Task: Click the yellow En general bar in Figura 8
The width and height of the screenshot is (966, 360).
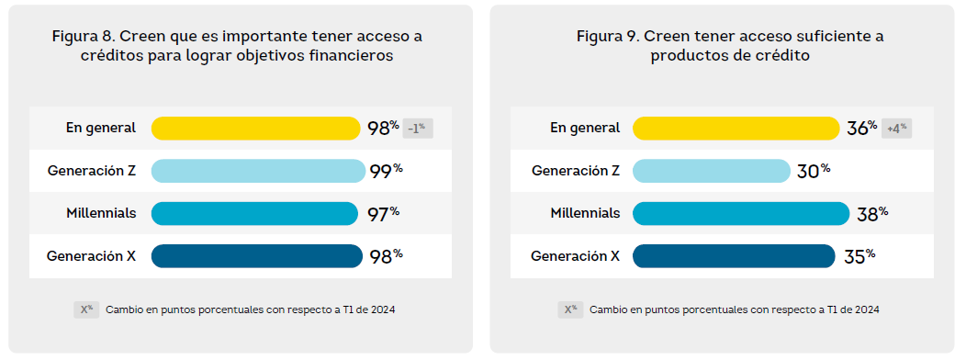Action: [x=255, y=129]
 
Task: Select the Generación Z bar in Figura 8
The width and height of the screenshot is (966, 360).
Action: [x=258, y=171]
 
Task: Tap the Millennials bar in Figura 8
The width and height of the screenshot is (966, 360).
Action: [x=254, y=213]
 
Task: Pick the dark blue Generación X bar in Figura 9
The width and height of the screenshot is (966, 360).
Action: [x=734, y=256]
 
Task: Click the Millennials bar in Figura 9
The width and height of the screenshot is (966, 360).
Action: [x=741, y=213]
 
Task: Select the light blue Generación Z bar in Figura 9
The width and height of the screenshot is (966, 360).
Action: [x=712, y=171]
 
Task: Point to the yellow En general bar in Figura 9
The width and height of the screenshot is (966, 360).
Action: [x=736, y=129]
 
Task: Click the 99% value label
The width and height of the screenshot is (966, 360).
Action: [x=387, y=171]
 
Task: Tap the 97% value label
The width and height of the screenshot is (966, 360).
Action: [x=383, y=213]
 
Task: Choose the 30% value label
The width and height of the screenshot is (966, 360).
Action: [x=814, y=171]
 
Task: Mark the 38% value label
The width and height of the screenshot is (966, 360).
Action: [x=872, y=213]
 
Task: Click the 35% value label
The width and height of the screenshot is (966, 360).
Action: [x=859, y=256]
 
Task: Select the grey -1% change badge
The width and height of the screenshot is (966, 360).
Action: [x=418, y=129]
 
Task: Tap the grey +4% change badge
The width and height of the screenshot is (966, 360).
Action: [x=896, y=129]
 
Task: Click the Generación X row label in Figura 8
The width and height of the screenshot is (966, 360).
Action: [x=91, y=256]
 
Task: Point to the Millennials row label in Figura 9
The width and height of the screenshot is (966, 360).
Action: [x=585, y=213]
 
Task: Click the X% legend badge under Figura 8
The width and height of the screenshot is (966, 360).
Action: [x=86, y=309]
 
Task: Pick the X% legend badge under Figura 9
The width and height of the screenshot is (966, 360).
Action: [x=570, y=309]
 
